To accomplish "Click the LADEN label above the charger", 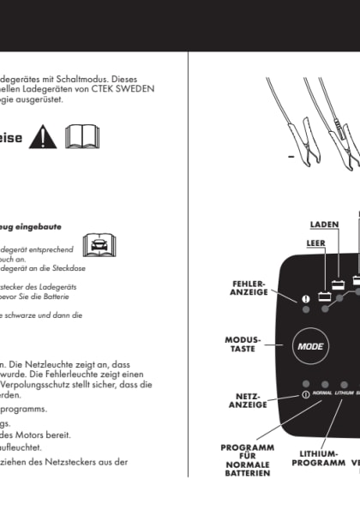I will (324, 225).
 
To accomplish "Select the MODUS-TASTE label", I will (243, 344).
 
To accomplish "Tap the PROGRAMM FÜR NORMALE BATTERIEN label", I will (247, 459).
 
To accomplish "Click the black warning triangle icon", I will (41, 136).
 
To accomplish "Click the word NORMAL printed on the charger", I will (322, 393).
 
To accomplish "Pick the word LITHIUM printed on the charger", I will (344, 393).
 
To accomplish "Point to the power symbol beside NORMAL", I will (306, 393).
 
